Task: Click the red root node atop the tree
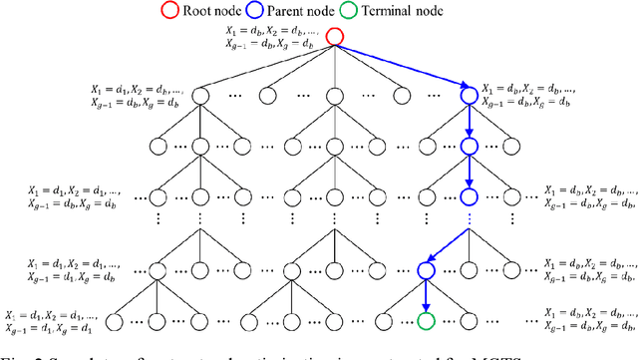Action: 336,39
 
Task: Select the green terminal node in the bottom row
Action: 427,321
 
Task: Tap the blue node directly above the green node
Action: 427,268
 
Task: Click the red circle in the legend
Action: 222,11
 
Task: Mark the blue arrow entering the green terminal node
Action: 427,295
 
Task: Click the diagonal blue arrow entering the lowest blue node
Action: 448,245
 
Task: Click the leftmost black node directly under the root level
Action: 199,95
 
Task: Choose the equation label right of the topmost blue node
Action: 528,95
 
